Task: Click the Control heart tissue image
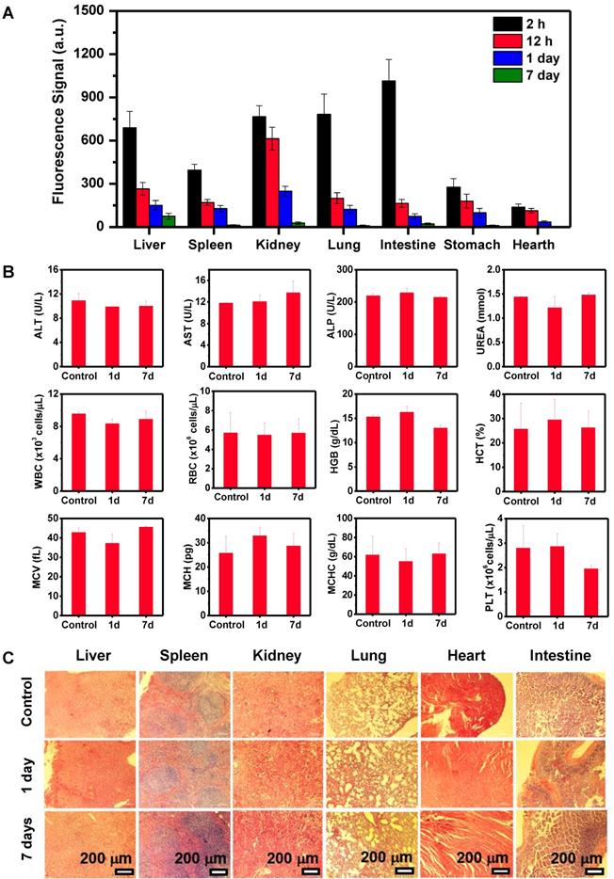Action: click(462, 702)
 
